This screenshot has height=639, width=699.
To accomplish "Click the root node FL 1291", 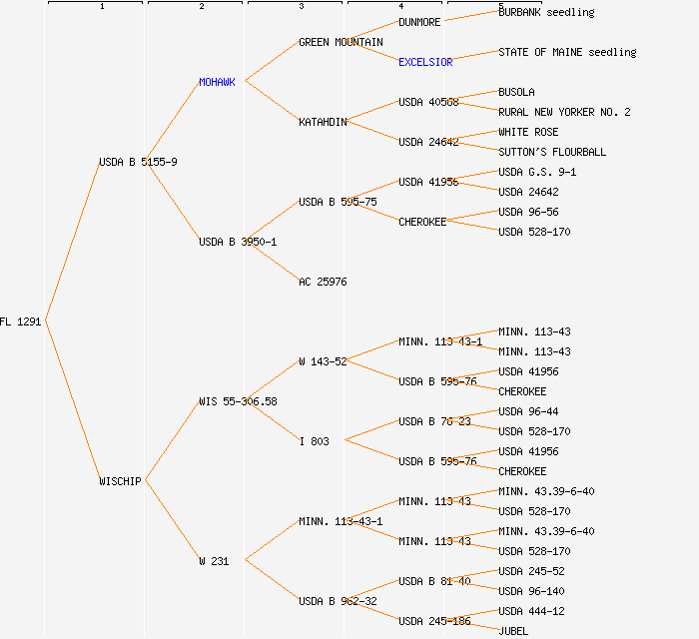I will coord(20,321).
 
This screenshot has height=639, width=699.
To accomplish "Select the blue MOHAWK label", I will coord(217,82).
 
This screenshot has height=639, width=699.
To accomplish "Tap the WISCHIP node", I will coord(120,481).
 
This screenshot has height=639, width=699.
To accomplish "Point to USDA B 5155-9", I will coord(138,162).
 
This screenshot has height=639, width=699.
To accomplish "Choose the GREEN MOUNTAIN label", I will coord(341,42).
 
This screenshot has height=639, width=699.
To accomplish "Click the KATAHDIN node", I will coord(323,122).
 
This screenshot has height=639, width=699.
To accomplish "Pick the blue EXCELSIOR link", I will coord(425,62).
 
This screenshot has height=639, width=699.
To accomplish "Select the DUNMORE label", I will coord(419,22).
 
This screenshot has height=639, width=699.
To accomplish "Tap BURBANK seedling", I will coord(546,12).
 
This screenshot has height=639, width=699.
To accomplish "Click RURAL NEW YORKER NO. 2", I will coord(564,112).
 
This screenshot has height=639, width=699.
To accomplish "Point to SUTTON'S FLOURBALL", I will coord(552,152).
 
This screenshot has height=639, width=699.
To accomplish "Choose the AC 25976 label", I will coord(323,282).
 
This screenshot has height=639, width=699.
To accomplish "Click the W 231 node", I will coord(214,561).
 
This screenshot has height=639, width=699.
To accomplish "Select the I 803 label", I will coord(314,441).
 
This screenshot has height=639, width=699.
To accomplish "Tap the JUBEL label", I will coord(513,631).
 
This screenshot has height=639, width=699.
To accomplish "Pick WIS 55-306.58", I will coord(238,401).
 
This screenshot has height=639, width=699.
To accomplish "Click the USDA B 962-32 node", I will coord(338,601).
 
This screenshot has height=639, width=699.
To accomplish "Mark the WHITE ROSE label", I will coord(528,132).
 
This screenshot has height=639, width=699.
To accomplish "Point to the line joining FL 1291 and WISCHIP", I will coord(72,401).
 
